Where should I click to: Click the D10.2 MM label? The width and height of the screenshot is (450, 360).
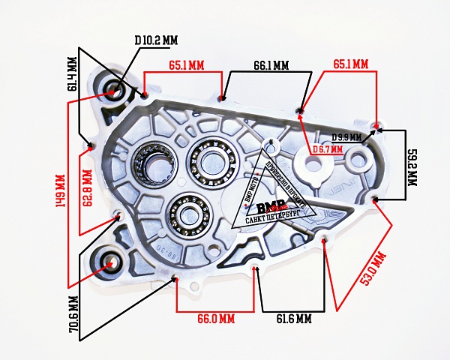click(x=156, y=39)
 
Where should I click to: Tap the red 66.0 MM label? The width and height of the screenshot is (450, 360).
click(x=216, y=319)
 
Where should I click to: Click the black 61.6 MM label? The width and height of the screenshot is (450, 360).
click(x=293, y=319)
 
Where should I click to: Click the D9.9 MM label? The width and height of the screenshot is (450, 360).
click(x=346, y=137)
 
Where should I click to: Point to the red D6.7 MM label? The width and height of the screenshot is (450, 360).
click(x=328, y=149)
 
